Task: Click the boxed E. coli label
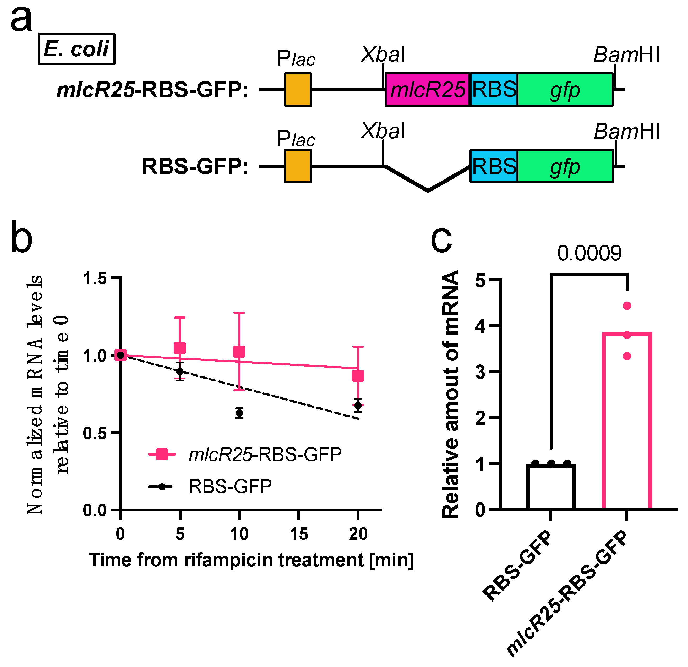[77, 49]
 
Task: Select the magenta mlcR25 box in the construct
[427, 90]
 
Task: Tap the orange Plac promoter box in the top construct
[298, 90]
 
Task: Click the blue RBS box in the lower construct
[494, 166]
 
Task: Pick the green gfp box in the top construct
[565, 90]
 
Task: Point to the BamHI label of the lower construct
[627, 132]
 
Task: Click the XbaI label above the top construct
[383, 55]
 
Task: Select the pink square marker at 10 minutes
[239, 351]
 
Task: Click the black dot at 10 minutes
[239, 413]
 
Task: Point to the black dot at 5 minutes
[180, 371]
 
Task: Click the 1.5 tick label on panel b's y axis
[95, 278]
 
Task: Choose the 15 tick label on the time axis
[299, 534]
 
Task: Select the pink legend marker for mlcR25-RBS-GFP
[162, 454]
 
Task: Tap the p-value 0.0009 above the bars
[589, 253]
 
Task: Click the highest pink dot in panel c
[627, 306]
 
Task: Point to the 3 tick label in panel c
[480, 372]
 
